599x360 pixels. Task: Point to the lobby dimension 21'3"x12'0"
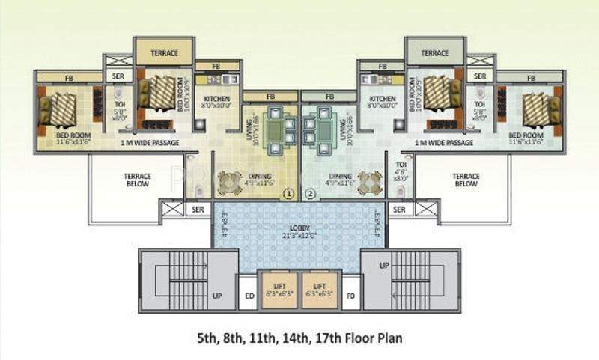pyautogui.click(x=299, y=235)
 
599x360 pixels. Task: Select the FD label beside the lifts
pyautogui.click(x=350, y=295)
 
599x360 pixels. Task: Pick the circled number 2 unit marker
pyautogui.click(x=311, y=195)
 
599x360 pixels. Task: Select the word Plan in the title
pyautogui.click(x=389, y=338)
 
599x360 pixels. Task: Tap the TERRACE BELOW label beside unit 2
pyautogui.click(x=465, y=180)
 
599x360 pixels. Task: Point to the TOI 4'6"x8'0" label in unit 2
pyautogui.click(x=401, y=171)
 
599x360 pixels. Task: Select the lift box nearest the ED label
pyautogui.click(x=278, y=290)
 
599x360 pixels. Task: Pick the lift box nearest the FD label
pyautogui.click(x=320, y=290)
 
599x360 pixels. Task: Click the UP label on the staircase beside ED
pyautogui.click(x=216, y=296)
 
